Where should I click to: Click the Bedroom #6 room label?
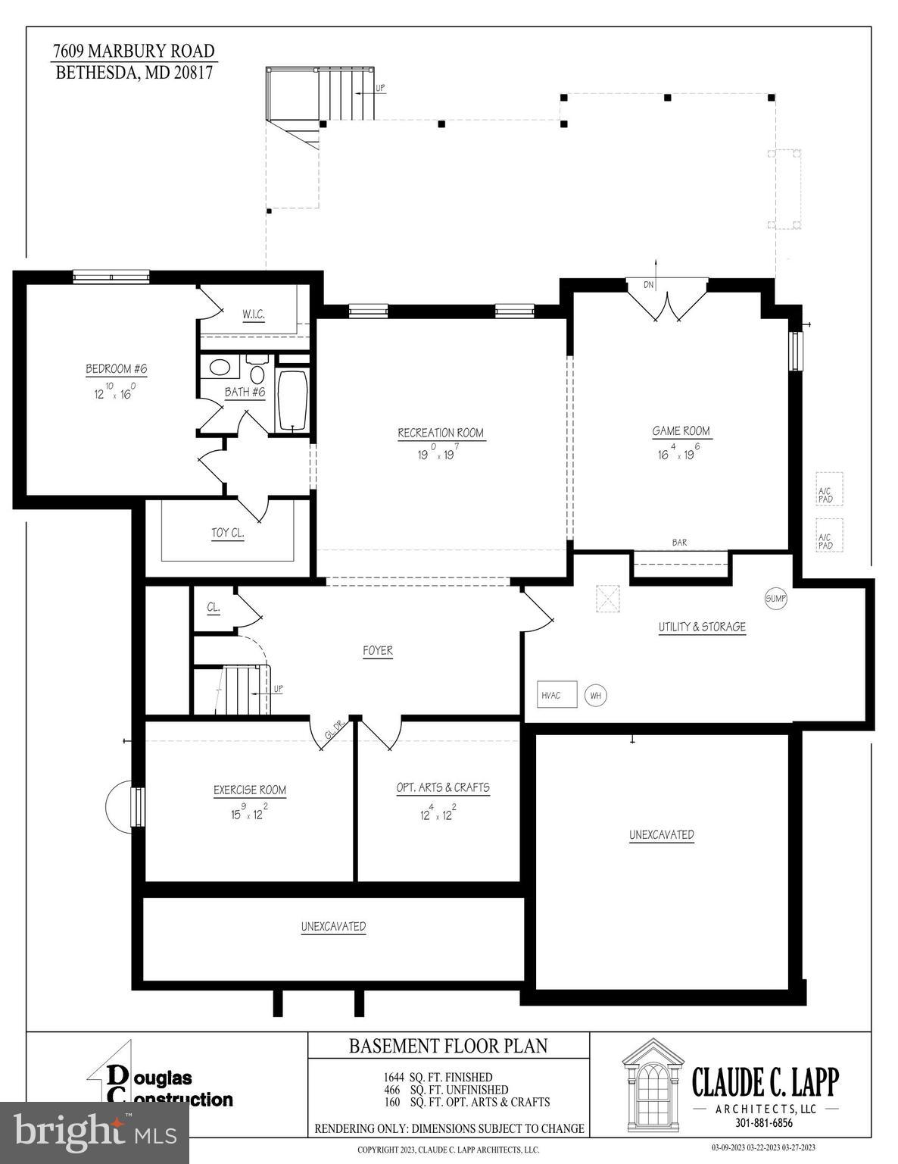point(116,369)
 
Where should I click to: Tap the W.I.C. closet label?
point(254,314)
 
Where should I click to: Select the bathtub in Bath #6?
point(292,399)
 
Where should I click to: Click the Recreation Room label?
point(441,433)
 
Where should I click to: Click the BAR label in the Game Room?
point(679,543)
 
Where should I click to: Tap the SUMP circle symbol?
point(776,599)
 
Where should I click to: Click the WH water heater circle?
point(596,696)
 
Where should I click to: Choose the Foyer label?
point(378,650)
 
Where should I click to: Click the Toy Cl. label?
point(227,533)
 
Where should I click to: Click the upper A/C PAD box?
point(828,490)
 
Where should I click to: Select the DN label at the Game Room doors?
point(648,285)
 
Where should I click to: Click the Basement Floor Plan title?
point(447,1046)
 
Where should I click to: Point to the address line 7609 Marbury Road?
point(134,52)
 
